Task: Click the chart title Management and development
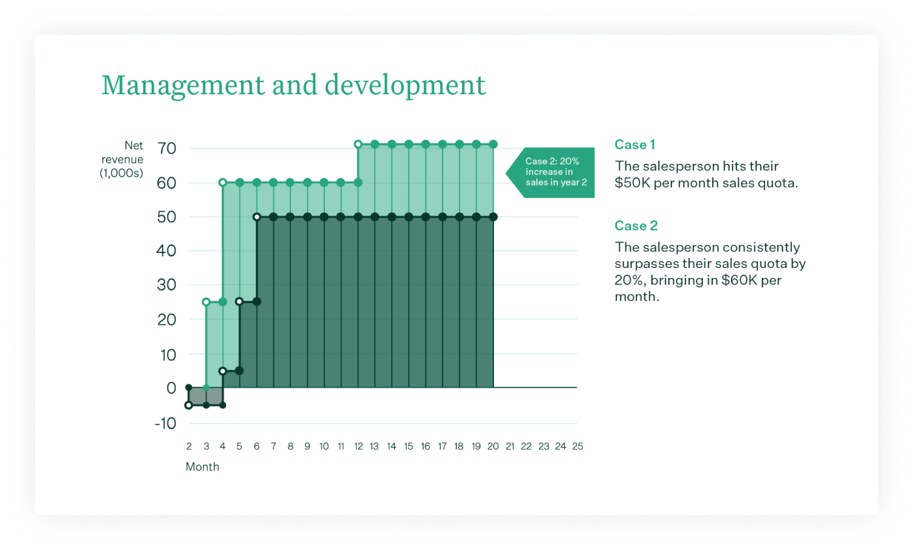point(293,85)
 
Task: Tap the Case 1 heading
point(634,145)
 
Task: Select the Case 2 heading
point(636,226)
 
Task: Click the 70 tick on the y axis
point(166,149)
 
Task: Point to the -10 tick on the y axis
point(165,424)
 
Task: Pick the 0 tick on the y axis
point(171,388)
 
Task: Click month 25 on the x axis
point(577,446)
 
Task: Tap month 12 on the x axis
point(358,446)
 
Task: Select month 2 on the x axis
point(188,446)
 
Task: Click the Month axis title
point(202,467)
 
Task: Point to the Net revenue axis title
point(122,159)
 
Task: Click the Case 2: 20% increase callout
point(554,172)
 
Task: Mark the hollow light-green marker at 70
point(358,145)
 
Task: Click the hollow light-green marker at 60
point(222,183)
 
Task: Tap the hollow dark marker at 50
point(256,217)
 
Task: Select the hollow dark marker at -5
point(188,405)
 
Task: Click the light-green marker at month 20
point(493,145)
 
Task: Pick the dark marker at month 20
point(493,217)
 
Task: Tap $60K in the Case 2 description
point(739,280)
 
